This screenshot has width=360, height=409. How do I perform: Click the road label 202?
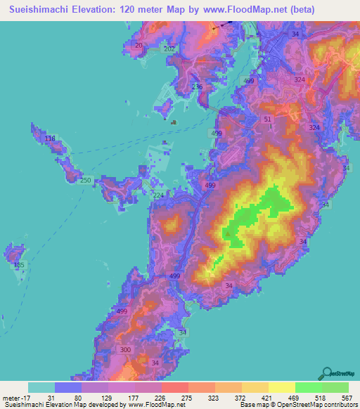(x=169, y=48)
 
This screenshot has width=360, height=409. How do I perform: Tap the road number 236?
(x=197, y=87)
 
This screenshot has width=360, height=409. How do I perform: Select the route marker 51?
(x=267, y=119)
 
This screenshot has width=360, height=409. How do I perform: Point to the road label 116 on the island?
(x=49, y=139)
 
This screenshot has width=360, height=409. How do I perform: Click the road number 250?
(x=85, y=181)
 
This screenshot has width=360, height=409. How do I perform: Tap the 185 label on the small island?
(x=19, y=265)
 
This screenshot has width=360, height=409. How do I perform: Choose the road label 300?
(x=126, y=349)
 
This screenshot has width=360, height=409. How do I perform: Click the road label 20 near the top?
(x=138, y=46)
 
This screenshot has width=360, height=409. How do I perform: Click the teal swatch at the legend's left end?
(x=41, y=387)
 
